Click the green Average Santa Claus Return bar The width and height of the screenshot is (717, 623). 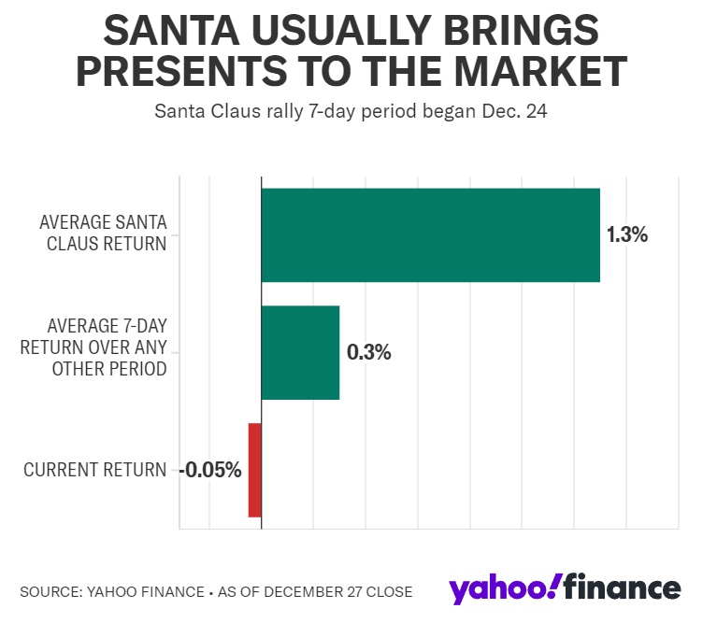pyautogui.click(x=430, y=234)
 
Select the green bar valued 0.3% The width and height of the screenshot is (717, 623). pyautogui.click(x=299, y=352)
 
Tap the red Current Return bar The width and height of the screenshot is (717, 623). pyautogui.click(x=254, y=470)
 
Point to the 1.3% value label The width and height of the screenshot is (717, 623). pyautogui.click(x=627, y=234)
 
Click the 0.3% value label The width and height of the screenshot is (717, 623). pyautogui.click(x=368, y=352)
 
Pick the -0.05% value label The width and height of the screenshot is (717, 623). pyautogui.click(x=211, y=470)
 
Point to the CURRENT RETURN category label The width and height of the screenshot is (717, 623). pyautogui.click(x=94, y=470)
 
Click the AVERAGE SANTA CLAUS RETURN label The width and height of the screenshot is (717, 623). pyautogui.click(x=103, y=234)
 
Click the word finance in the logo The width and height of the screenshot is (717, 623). pyautogui.click(x=624, y=588)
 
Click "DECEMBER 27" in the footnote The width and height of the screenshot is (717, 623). pyautogui.click(x=319, y=591)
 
